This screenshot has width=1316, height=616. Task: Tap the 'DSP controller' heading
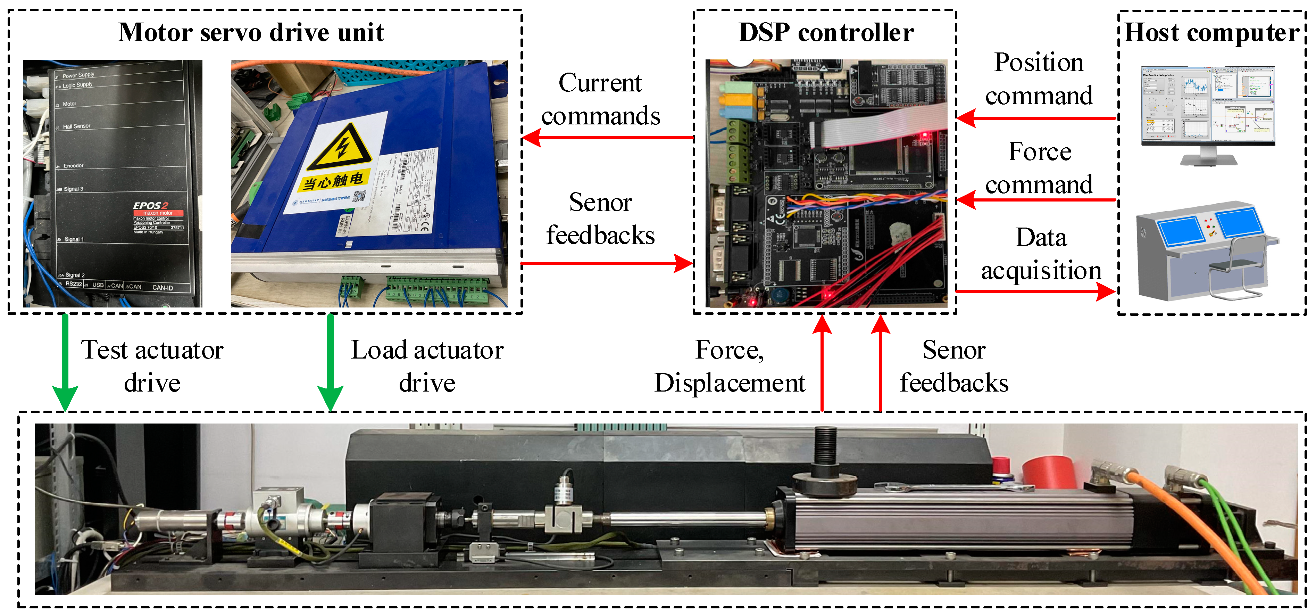[826, 32]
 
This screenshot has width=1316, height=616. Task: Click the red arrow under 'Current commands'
[608, 138]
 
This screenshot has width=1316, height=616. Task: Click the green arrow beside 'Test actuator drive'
[65, 363]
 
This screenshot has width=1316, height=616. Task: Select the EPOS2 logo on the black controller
[150, 205]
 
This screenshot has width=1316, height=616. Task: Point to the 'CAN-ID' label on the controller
[163, 288]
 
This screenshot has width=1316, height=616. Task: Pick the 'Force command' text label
[1039, 168]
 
